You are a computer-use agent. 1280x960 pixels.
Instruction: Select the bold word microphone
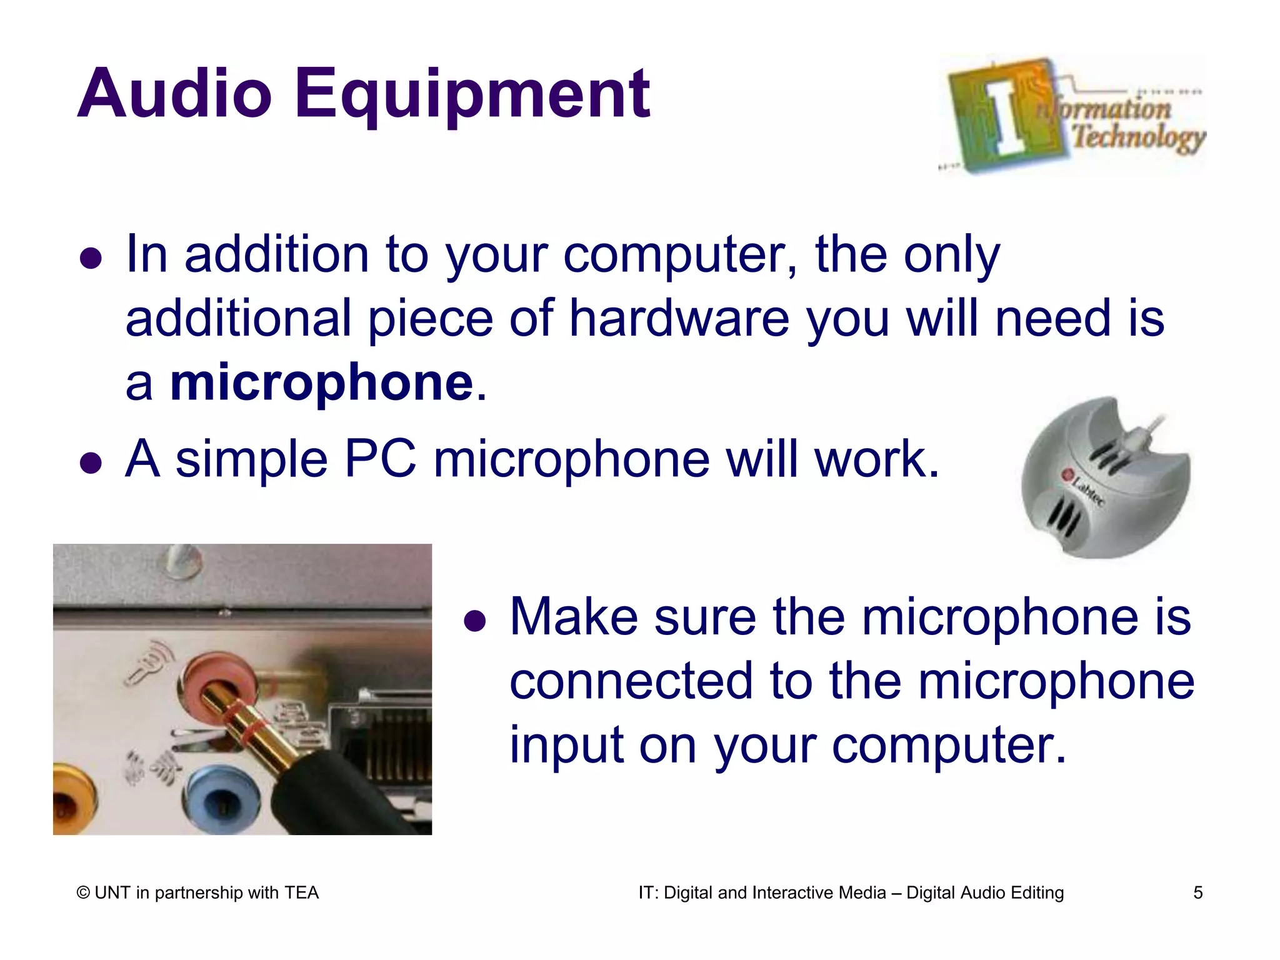tap(321, 382)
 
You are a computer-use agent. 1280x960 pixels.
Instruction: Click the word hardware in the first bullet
tap(679, 318)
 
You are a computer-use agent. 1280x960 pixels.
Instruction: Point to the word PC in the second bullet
tap(380, 459)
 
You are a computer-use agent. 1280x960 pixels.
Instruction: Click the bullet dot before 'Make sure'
tap(475, 621)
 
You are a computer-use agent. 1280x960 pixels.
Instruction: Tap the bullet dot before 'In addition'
tap(91, 258)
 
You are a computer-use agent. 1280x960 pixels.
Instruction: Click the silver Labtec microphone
tap(1105, 478)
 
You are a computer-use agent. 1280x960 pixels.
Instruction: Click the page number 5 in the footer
tap(1197, 892)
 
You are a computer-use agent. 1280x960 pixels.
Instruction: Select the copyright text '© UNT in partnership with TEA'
tap(197, 892)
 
